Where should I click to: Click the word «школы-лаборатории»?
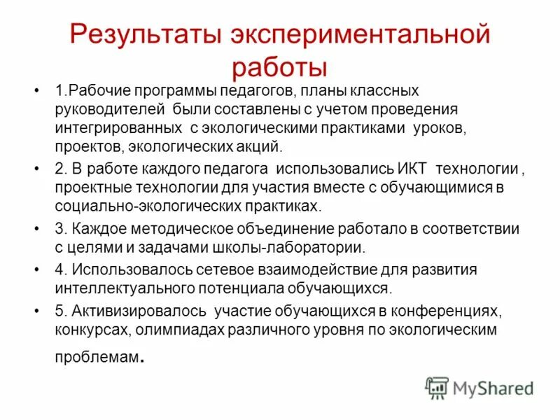[x=309, y=247]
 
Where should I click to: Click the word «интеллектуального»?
[x=119, y=288]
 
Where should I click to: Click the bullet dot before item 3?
[x=36, y=229]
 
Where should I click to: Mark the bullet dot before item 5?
[x=36, y=310]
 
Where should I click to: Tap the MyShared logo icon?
[x=437, y=387]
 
